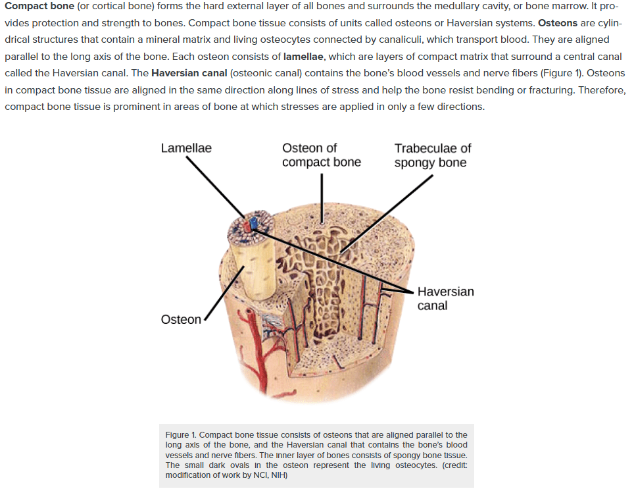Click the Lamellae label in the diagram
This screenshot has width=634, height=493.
pyautogui.click(x=186, y=148)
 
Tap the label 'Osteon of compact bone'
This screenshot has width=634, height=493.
pyautogui.click(x=322, y=155)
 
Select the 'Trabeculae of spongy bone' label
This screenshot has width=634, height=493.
pyautogui.click(x=433, y=155)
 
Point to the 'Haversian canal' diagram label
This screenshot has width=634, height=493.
pyautogui.click(x=446, y=298)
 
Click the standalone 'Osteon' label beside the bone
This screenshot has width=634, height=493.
pyautogui.click(x=181, y=320)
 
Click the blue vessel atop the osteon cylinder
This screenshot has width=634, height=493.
pyautogui.click(x=253, y=223)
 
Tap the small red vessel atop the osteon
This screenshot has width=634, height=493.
pyautogui.click(x=247, y=226)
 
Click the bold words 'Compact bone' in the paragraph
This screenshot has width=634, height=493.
pyautogui.click(x=39, y=7)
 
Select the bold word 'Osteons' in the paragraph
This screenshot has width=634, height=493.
pyautogui.click(x=558, y=23)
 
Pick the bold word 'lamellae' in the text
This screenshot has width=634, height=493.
pyautogui.click(x=303, y=57)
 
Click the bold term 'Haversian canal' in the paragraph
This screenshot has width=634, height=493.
pyautogui.click(x=189, y=73)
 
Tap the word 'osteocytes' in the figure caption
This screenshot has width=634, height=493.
pyautogui.click(x=416, y=465)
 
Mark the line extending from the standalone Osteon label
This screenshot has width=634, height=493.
pyautogui.click(x=224, y=293)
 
